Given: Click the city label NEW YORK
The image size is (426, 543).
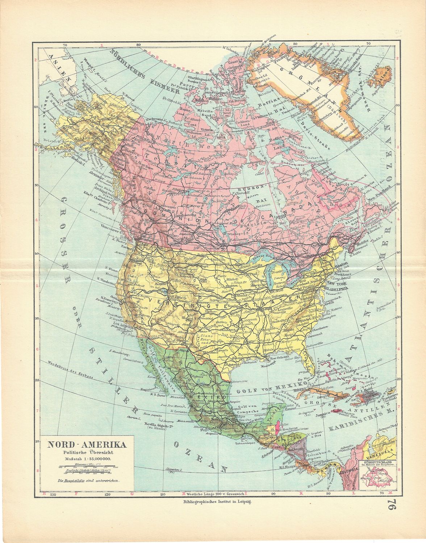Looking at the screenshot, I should point(336,282).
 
